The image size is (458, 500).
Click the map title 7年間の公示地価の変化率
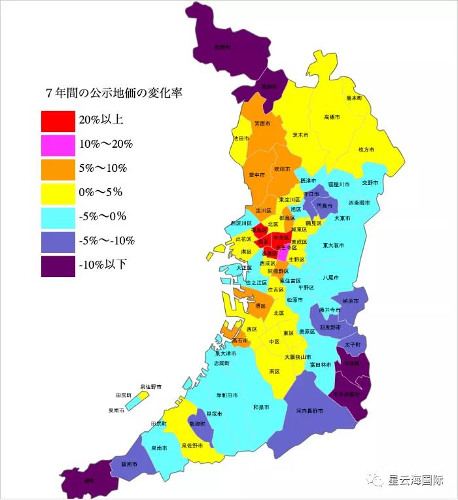pos(113,93)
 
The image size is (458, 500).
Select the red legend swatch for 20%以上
pos(58,120)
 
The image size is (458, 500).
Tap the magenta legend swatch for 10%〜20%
pos(58,144)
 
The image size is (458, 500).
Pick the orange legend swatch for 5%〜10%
pos(58,169)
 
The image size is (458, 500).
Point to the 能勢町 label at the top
pos(222,47)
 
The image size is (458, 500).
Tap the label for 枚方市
pos(366,150)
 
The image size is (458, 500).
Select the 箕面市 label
pos(262,124)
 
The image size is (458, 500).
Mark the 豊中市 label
pos(257,175)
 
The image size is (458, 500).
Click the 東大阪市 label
pos(333,246)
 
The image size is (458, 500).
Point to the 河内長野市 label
pos(309,411)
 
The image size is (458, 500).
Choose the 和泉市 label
pos(262,407)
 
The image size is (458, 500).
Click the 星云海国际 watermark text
pos(416,481)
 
